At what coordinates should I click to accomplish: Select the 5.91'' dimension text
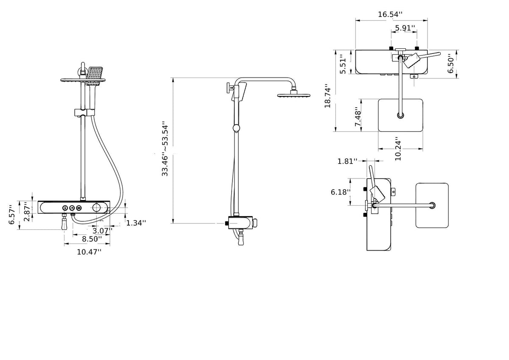405,28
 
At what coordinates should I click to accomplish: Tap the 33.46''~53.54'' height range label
165,150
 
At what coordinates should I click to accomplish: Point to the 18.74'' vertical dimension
328,95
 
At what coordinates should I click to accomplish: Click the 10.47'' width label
89,252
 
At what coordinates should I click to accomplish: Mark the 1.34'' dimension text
136,223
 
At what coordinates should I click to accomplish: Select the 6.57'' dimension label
13,215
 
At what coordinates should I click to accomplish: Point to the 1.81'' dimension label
347,161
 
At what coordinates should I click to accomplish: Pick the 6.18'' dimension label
341,192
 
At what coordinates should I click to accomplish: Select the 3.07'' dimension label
103,230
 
